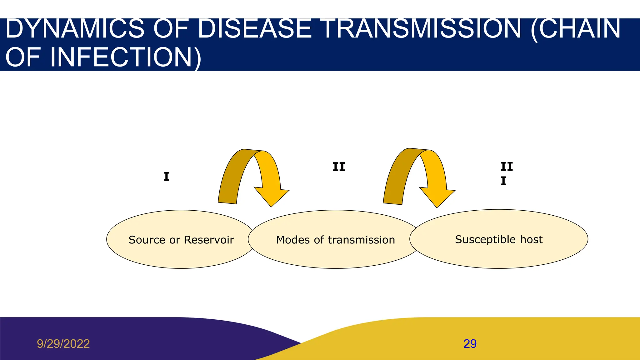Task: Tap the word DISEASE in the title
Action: (x=255, y=29)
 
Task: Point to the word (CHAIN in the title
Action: (x=575, y=29)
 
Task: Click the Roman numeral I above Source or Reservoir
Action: (x=166, y=177)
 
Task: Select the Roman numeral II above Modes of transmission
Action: (x=338, y=167)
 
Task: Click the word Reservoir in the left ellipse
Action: (x=209, y=240)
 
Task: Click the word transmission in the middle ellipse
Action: (x=361, y=240)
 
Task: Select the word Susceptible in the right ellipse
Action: (x=485, y=240)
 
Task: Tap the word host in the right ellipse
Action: (x=531, y=239)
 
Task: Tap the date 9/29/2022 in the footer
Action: (x=63, y=344)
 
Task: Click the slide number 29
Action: (x=470, y=344)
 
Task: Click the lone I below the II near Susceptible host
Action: (x=503, y=181)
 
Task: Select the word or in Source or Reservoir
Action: (x=175, y=240)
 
